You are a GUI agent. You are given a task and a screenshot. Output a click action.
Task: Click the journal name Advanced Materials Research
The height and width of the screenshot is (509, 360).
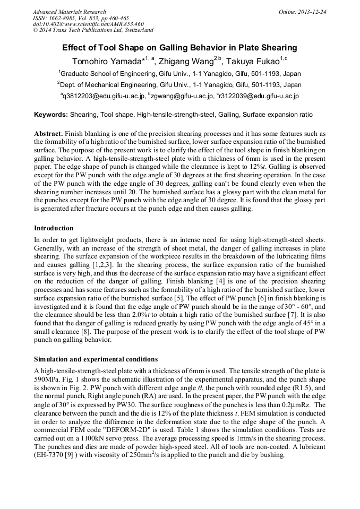[69, 12]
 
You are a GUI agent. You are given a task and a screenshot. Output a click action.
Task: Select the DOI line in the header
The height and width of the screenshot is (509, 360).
[88, 24]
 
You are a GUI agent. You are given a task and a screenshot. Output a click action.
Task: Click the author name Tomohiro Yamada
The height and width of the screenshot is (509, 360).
[106, 61]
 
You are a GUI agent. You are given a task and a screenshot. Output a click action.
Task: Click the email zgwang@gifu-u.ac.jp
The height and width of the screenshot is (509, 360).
[182, 96]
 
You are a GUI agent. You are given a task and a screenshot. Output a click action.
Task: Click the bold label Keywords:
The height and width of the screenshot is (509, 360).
[51, 115]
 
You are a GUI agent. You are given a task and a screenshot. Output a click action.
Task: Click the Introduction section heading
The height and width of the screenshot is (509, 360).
[54, 228]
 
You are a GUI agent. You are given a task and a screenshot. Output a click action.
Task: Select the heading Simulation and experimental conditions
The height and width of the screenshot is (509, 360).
[96, 359]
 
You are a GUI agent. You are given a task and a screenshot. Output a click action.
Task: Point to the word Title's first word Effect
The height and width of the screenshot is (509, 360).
[74, 48]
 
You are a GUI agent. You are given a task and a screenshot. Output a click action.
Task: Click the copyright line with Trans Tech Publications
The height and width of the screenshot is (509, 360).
[93, 30]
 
